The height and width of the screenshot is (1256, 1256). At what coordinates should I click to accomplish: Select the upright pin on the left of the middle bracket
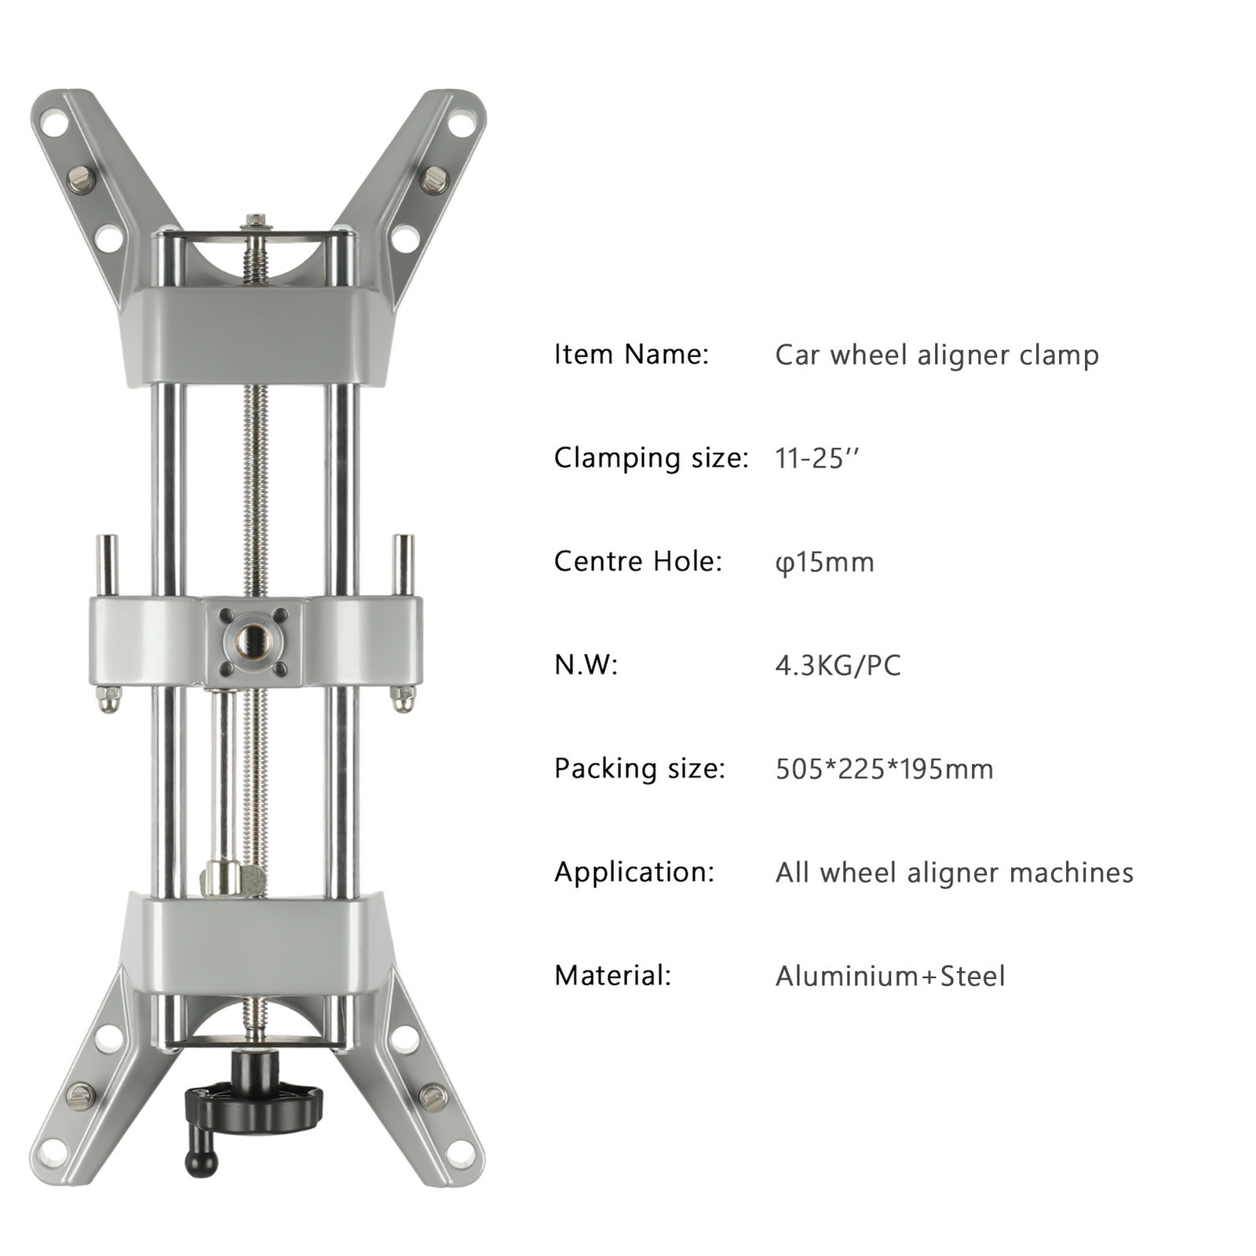coord(107,565)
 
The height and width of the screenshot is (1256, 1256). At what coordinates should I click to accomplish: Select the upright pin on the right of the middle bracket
coord(403,565)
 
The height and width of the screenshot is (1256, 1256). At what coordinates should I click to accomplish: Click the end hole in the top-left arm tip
coord(53,123)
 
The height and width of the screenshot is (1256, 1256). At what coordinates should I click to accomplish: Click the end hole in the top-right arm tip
coord(462,123)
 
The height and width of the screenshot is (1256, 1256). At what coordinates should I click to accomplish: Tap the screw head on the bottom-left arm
coord(79,1094)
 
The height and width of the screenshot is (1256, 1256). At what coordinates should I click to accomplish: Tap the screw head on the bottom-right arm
coord(433,1096)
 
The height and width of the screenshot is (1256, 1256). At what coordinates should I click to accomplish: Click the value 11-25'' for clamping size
coord(816,458)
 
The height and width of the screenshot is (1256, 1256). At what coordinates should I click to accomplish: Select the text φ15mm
coord(824,562)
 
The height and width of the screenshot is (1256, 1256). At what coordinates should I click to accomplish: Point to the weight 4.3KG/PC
coord(838,666)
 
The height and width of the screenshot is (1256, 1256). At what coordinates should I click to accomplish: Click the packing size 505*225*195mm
coord(884,769)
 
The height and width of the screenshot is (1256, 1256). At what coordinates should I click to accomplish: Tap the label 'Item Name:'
coord(631,354)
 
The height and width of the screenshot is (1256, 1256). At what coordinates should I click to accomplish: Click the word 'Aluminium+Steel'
coord(889,976)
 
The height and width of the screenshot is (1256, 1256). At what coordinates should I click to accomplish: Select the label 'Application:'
coord(634,872)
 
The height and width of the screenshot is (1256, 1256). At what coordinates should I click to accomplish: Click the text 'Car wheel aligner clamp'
coord(936,355)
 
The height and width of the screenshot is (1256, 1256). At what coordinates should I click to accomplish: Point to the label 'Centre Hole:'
coord(637,561)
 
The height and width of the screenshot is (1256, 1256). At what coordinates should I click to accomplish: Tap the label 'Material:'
coord(612,976)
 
